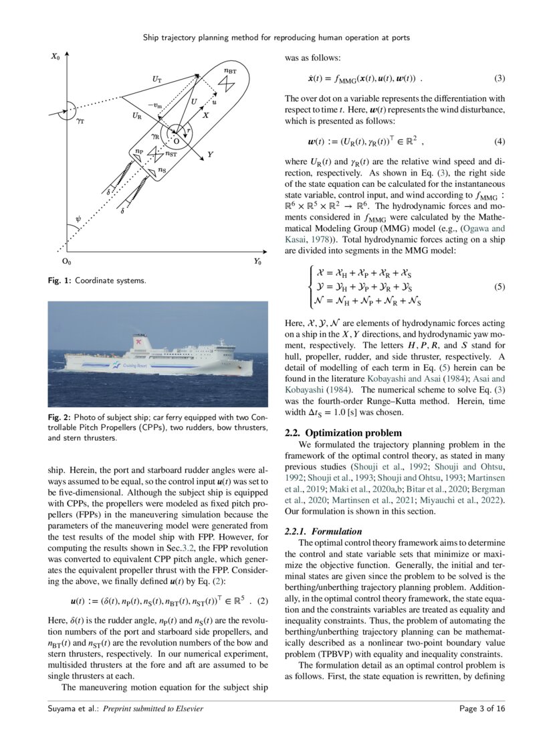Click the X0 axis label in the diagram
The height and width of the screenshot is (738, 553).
(x=56, y=58)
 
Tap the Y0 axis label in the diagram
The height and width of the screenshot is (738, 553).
(x=257, y=262)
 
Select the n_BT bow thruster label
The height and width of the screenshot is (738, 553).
(x=229, y=70)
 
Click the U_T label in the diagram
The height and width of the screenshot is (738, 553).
(x=156, y=79)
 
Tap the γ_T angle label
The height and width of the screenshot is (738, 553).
(x=80, y=123)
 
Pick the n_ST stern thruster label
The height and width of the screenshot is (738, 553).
(x=171, y=155)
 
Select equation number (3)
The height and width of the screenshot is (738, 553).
(x=500, y=79)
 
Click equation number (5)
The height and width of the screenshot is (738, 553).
(x=500, y=286)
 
